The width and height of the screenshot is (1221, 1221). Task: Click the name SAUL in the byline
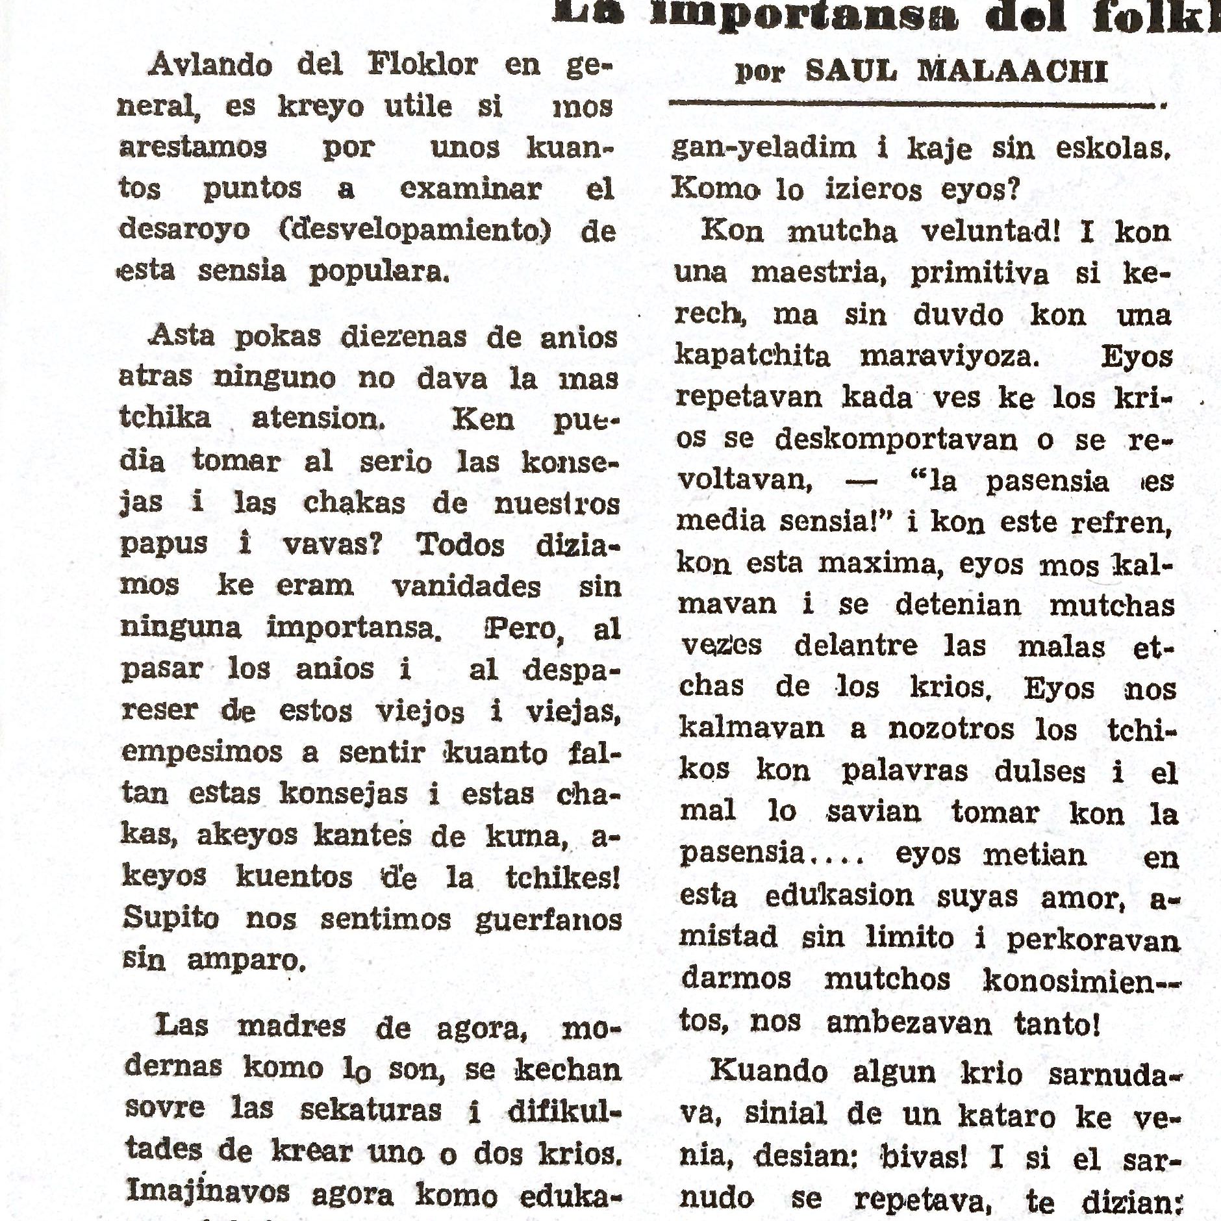851,71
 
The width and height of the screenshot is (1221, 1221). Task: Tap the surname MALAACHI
1013,71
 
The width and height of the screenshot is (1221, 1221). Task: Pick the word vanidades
466,586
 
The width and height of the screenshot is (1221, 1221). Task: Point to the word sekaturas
370,1109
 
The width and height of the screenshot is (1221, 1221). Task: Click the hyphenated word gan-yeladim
764,149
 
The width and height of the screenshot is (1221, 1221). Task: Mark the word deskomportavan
896,440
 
